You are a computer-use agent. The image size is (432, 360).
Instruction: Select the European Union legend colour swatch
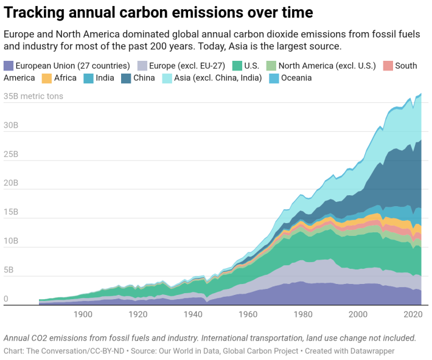(9, 66)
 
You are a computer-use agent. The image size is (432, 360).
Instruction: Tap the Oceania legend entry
(296, 78)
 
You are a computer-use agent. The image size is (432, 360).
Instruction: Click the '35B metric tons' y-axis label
(33, 96)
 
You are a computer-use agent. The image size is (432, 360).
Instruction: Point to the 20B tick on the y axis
(12, 184)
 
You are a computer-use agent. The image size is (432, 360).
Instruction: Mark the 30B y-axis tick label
(12, 126)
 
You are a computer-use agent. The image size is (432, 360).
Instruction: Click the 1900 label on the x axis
(83, 314)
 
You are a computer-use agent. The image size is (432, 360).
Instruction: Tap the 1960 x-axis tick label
(248, 314)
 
